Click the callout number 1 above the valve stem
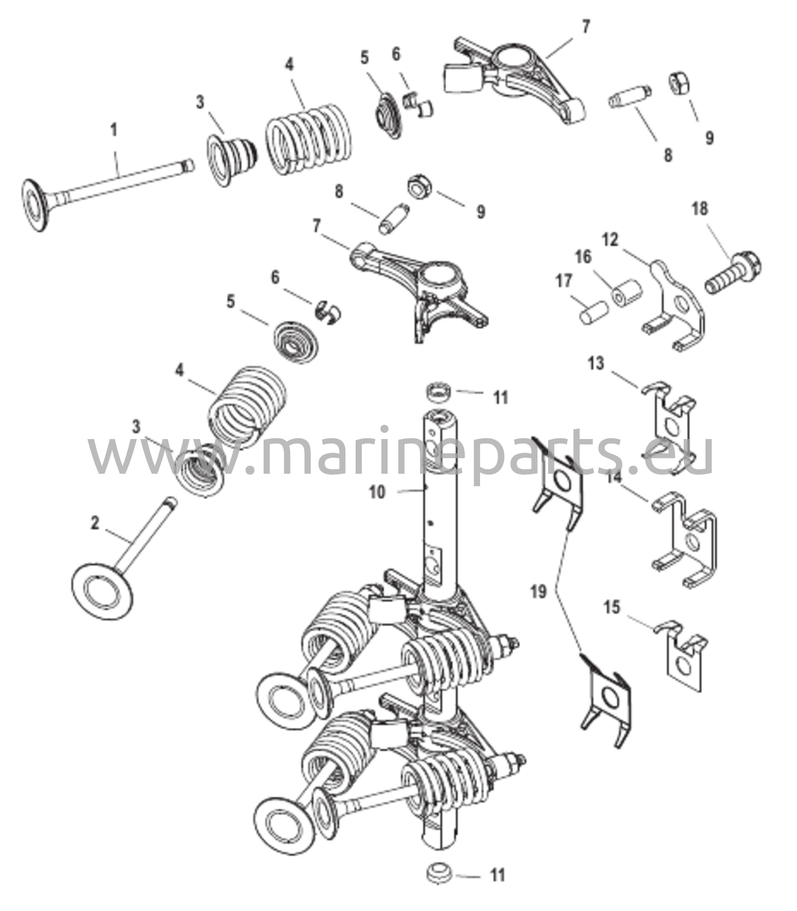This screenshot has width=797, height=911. (x=114, y=130)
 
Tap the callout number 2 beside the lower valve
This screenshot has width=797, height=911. (x=95, y=524)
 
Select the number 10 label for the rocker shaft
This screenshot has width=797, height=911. (x=377, y=493)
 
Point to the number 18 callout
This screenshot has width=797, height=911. (x=700, y=209)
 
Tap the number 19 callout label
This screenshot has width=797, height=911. (x=539, y=593)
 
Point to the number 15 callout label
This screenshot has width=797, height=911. (x=613, y=607)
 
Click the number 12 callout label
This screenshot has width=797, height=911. (x=610, y=240)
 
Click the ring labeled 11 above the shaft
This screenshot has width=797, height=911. (x=440, y=392)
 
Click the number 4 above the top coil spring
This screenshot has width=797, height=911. (x=289, y=65)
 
